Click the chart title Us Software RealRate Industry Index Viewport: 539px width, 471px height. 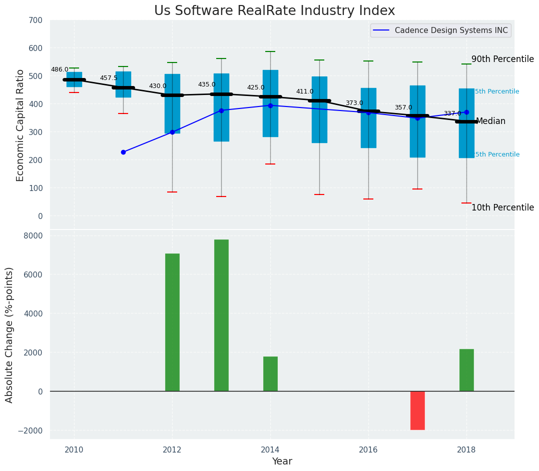pos(274,11)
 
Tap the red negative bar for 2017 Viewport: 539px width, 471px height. pos(417,410)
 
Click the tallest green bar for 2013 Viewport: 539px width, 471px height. pos(221,315)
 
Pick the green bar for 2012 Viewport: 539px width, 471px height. pos(172,322)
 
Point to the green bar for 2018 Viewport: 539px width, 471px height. pos(466,370)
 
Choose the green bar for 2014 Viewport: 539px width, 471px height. pos(270,373)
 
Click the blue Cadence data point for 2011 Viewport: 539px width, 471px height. pos(123,152)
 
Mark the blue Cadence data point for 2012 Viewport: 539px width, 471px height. pos(172,132)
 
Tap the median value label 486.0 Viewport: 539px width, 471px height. pos(60,70)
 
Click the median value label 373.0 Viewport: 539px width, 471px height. pos(354,103)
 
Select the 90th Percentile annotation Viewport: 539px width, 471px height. pos(502,59)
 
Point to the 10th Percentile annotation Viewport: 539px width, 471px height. pos(502,207)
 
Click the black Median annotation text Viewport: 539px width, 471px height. pos(490,121)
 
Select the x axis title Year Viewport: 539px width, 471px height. pos(282,461)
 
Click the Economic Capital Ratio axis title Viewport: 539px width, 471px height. pos(21,125)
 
